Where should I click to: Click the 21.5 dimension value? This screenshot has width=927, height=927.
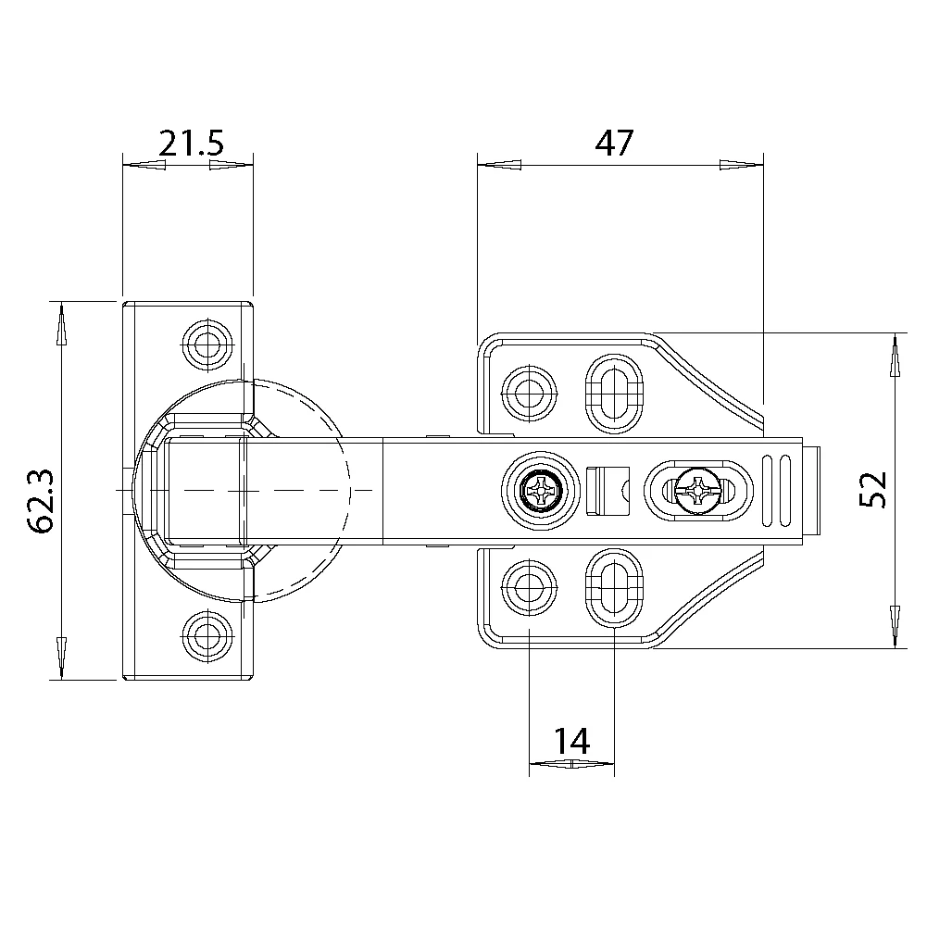tap(191, 144)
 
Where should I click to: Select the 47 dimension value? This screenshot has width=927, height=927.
tap(614, 143)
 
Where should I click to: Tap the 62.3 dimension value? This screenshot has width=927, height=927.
tap(42, 501)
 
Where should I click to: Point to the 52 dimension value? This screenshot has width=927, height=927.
tap(873, 490)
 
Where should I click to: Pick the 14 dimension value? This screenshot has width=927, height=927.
tap(571, 742)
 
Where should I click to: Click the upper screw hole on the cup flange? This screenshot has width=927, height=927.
tap(207, 344)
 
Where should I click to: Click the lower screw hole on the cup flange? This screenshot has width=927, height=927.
tap(207, 636)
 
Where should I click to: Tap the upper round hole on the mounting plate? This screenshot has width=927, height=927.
tap(529, 394)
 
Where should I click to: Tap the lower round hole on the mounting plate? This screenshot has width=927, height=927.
tap(529, 588)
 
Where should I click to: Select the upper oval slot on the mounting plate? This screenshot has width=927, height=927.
tap(614, 394)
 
